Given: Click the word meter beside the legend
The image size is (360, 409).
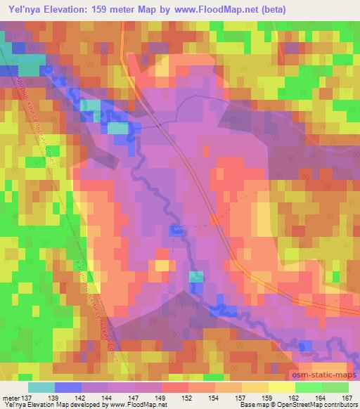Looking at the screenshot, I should (10, 398).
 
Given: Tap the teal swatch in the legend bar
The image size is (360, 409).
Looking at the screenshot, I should (41, 387).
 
